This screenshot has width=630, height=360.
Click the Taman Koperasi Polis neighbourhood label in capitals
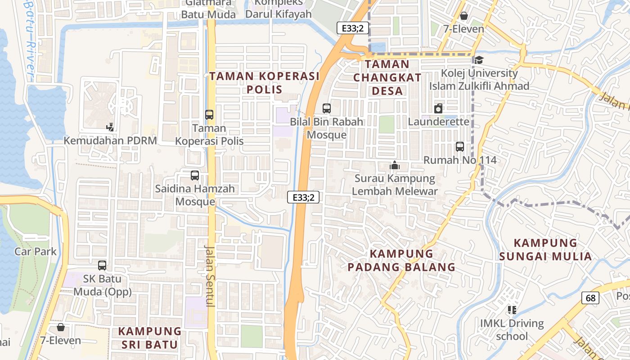tap(264, 82)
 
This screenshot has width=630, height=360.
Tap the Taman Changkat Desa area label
tap(387, 77)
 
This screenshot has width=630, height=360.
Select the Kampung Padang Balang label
tap(401, 260)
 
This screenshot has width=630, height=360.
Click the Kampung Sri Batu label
tap(149, 338)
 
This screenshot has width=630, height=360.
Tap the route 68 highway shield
tap(590, 297)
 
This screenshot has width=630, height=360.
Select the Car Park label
tap(36, 251)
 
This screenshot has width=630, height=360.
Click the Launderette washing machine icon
tap(438, 108)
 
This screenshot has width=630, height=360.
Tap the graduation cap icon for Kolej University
tap(479, 60)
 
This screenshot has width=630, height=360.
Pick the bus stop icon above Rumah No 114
tap(459, 146)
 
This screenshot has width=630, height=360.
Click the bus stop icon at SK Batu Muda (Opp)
tap(102, 265)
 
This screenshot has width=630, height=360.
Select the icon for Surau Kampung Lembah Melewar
tap(395, 166)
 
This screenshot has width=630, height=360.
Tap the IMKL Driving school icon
tap(512, 310)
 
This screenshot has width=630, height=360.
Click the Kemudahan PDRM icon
tap(110, 127)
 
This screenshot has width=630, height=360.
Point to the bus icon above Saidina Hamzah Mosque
tap(195, 175)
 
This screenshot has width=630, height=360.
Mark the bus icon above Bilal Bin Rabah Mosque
tap(327, 108)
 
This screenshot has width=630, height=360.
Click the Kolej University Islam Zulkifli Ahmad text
tap(479, 79)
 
